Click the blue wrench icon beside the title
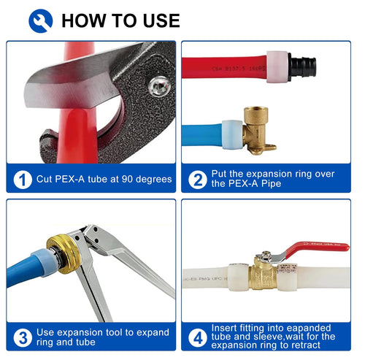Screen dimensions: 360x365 tap(41, 20)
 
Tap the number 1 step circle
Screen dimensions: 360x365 tap(23, 179)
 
